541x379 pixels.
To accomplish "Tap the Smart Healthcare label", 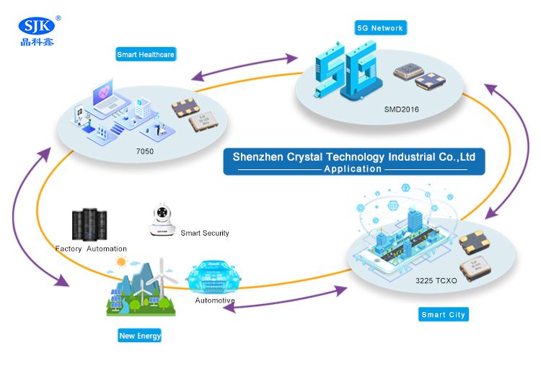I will click(x=146, y=54).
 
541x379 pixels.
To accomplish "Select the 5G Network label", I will click(x=381, y=28).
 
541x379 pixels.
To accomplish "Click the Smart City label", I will click(x=444, y=315).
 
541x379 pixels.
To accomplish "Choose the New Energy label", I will click(x=140, y=336).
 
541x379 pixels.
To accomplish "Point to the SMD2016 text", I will click(x=401, y=110).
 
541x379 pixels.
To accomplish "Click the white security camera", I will click(x=162, y=220).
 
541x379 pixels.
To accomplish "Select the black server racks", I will click(x=89, y=226).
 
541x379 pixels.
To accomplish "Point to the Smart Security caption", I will click(x=205, y=233).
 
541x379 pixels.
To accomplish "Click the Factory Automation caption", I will click(x=91, y=249).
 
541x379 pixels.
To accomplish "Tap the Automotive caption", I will click(x=215, y=300).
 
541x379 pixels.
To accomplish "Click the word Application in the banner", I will click(x=353, y=169).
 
